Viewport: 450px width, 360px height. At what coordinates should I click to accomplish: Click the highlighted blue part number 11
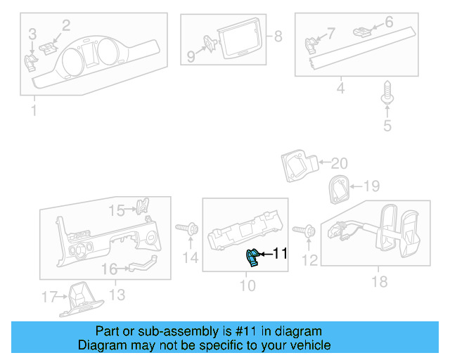click(x=252, y=258)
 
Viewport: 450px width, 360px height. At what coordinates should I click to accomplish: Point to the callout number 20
click(x=339, y=164)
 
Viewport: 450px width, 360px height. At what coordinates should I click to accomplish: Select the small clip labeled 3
click(x=31, y=61)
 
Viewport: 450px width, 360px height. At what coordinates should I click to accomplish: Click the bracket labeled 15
click(x=142, y=207)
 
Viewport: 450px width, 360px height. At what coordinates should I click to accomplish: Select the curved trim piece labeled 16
click(x=140, y=265)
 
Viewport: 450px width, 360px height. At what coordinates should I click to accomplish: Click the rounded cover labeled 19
click(x=339, y=188)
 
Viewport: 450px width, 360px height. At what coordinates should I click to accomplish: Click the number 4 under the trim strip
click(x=340, y=89)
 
